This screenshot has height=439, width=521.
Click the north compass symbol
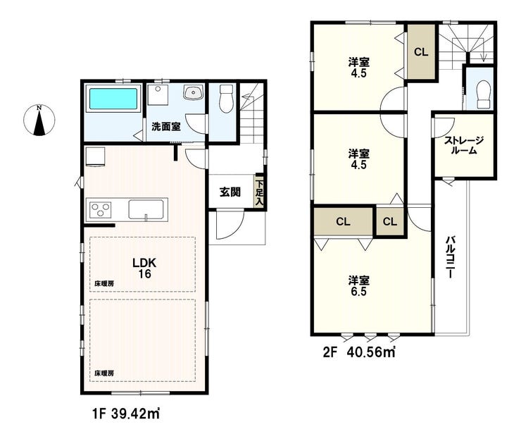pyautogui.click(x=39, y=120)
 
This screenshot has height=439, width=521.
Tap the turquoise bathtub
pyautogui.click(x=113, y=99)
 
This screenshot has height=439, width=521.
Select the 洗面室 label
pyautogui.click(x=165, y=127)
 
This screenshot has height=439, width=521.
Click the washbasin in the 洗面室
pyautogui.click(x=194, y=92)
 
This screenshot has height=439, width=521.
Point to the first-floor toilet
pyautogui.click(x=227, y=99)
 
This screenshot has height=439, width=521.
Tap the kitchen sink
pyautogui.click(x=146, y=209)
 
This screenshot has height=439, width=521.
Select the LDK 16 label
pyautogui.click(x=144, y=268)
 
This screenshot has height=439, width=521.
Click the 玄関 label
pyautogui.click(x=230, y=192)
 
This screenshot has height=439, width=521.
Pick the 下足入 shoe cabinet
pyautogui.click(x=260, y=192)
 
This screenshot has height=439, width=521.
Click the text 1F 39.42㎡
pyautogui.click(x=126, y=414)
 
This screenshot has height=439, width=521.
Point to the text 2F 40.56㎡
pyautogui.click(x=359, y=352)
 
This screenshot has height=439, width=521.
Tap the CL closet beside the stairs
pyautogui.click(x=421, y=52)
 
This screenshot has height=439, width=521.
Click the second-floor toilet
pyautogui.click(x=484, y=94)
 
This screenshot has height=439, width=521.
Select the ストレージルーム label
pyautogui.click(x=464, y=145)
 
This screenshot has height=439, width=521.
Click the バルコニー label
pyautogui.click(x=450, y=257)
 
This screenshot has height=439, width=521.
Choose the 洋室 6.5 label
pyautogui.click(x=359, y=285)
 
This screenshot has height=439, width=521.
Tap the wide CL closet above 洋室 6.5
pyautogui.click(x=343, y=221)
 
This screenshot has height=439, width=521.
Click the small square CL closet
pyautogui.click(x=390, y=221)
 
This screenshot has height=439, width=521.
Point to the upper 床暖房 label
pyautogui.click(x=104, y=284)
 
